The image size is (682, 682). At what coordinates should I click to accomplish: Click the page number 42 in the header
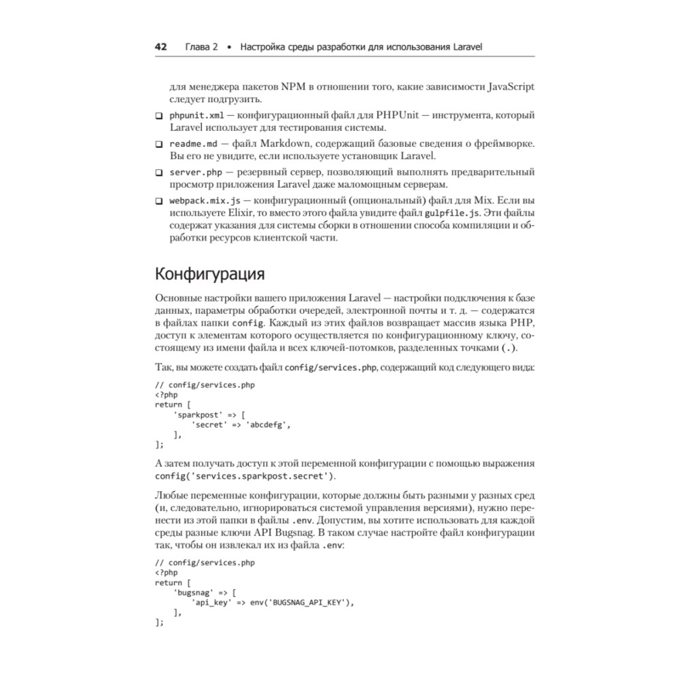point(161,47)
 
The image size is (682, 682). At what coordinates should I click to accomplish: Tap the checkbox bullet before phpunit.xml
point(159,115)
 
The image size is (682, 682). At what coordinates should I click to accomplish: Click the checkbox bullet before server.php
point(159,172)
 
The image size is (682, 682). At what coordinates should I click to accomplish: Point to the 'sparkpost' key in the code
point(196,414)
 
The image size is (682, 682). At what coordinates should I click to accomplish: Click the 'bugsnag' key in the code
point(194,592)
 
